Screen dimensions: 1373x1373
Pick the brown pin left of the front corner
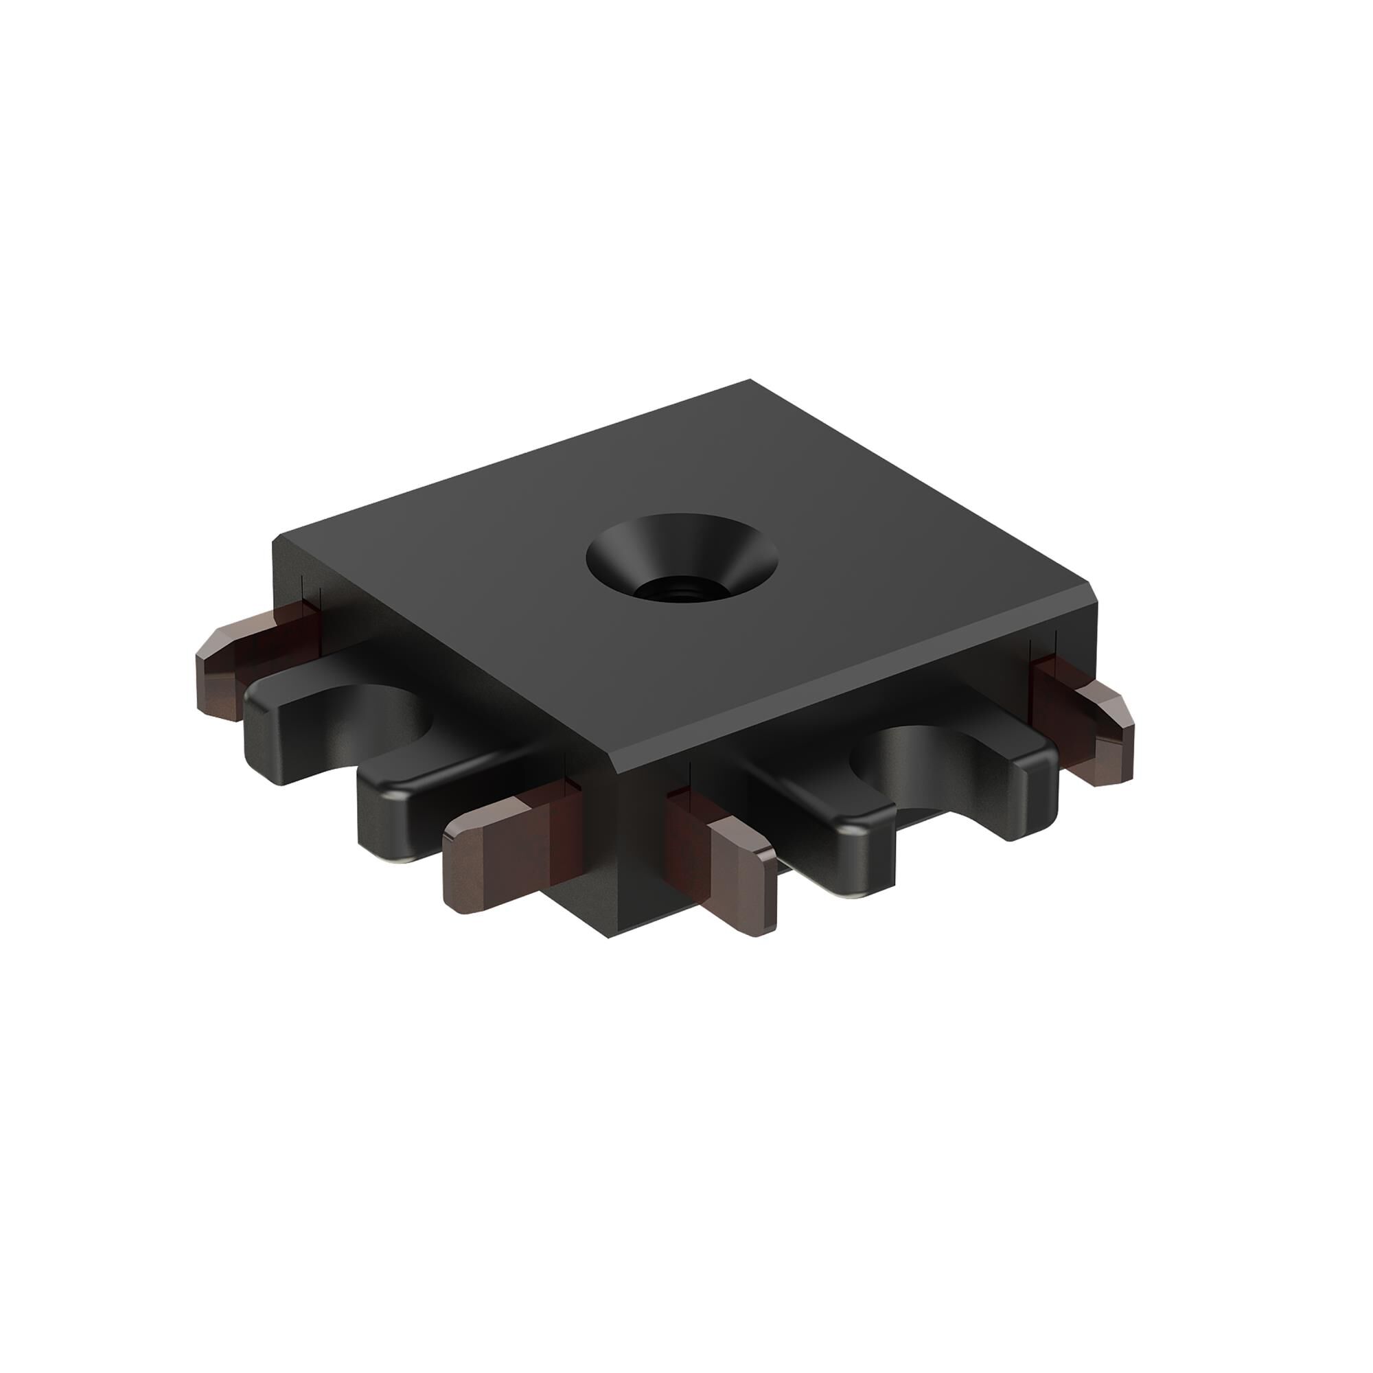498,857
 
